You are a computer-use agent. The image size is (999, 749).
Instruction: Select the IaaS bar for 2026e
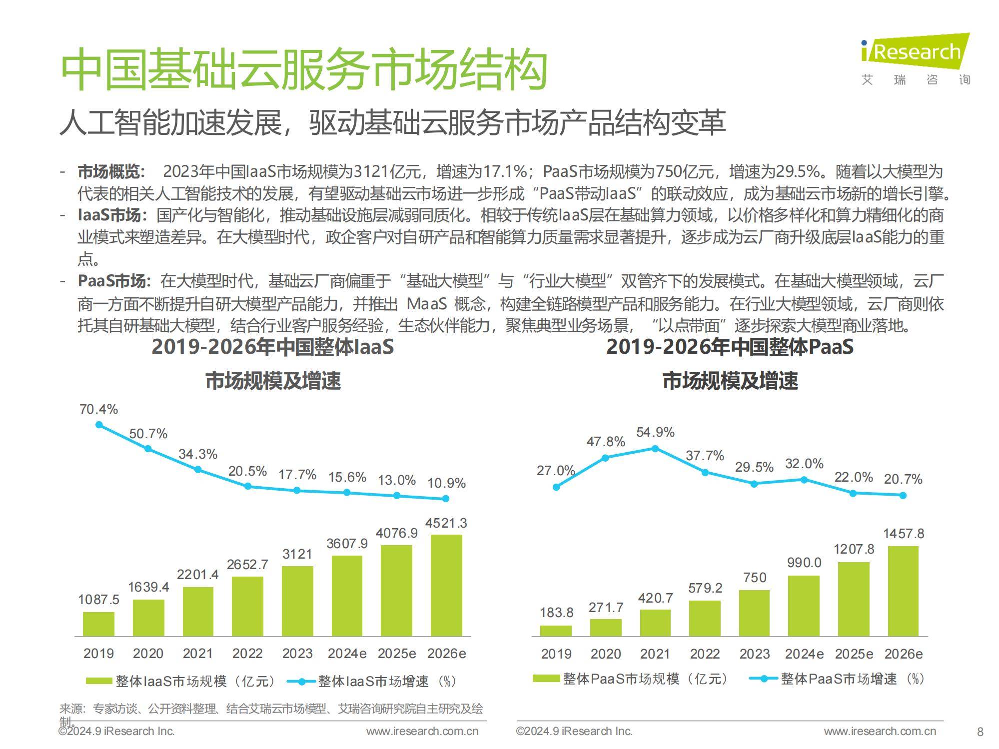pyautogui.click(x=446, y=585)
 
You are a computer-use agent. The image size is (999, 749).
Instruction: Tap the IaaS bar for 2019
pyautogui.click(x=98, y=624)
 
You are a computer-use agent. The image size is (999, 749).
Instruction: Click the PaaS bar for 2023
pyautogui.click(x=754, y=613)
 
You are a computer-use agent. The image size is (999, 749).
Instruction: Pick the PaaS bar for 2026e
pyautogui.click(x=903, y=591)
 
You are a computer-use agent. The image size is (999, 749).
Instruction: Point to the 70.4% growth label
pyautogui.click(x=98, y=409)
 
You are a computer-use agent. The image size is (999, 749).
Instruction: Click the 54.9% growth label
pyautogui.click(x=655, y=432)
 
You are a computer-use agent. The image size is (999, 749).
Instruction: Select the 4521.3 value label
pyautogui.click(x=446, y=523)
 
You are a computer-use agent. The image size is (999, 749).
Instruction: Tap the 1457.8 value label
pyautogui.click(x=904, y=534)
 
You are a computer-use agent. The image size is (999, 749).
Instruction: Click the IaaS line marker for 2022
pyautogui.click(x=248, y=486)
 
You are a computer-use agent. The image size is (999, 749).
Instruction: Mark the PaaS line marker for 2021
pyautogui.click(x=655, y=449)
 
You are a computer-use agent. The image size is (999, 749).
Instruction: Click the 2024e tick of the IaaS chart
pyautogui.click(x=347, y=654)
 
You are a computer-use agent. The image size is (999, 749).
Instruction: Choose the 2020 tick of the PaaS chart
pyautogui.click(x=606, y=654)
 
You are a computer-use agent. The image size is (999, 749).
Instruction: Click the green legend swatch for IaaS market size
pyautogui.click(x=98, y=681)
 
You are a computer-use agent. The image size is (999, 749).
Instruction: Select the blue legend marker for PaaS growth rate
pyautogui.click(x=764, y=679)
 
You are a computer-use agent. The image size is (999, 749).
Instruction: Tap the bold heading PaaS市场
pyautogui.click(x=112, y=281)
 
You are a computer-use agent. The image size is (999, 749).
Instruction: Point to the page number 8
pyautogui.click(x=980, y=732)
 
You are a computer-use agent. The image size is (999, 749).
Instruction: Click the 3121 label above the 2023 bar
pyautogui.click(x=297, y=554)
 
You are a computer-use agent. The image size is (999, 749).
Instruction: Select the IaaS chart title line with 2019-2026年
pyautogui.click(x=273, y=347)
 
